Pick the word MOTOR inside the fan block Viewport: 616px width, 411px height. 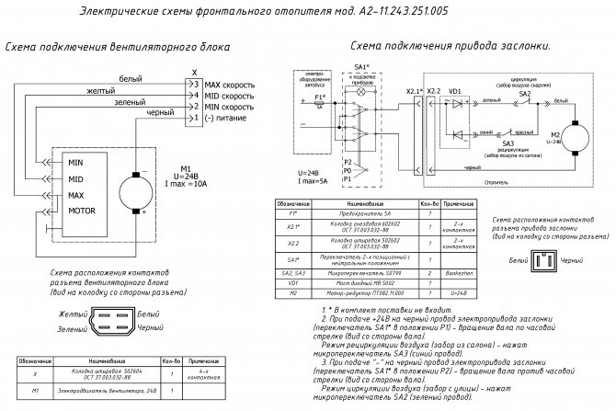tap(84, 211)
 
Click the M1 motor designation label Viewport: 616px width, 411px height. tap(185, 168)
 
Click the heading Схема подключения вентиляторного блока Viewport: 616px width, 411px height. tap(118, 46)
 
